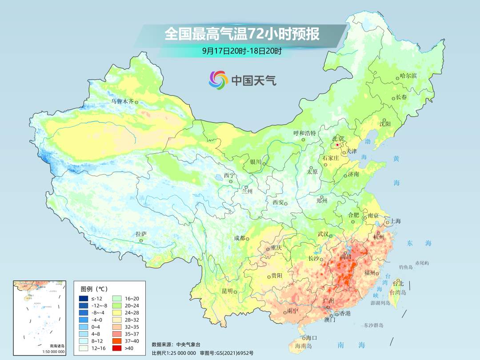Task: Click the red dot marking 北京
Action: [337, 145]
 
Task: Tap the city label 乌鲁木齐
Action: [122, 101]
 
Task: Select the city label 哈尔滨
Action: [408, 76]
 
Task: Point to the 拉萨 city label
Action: [141, 234]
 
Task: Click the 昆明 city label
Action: [227, 291]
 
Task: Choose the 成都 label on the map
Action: [240, 238]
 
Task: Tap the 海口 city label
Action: [312, 338]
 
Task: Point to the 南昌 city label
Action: [346, 257]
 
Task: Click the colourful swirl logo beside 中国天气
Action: [218, 80]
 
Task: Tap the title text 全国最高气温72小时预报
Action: [242, 34]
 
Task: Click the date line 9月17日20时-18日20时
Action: [242, 51]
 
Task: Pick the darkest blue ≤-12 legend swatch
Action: [84, 298]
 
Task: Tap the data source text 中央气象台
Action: [188, 344]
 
